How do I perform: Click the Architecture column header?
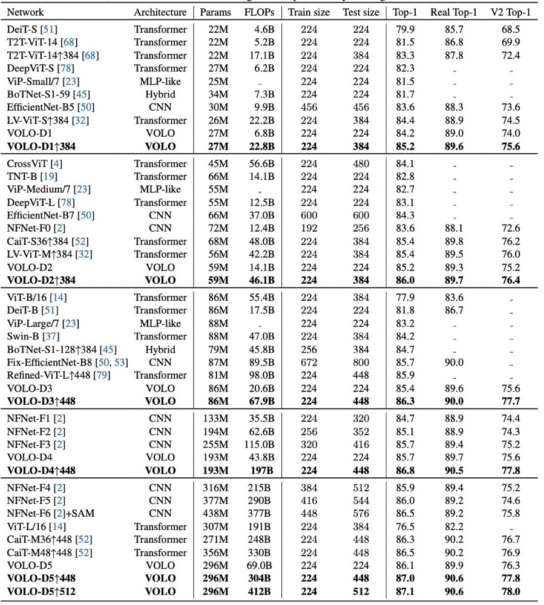click(160, 12)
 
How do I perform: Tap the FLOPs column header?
click(259, 12)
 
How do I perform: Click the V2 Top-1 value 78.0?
click(511, 592)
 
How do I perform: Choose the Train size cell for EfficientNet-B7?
click(309, 215)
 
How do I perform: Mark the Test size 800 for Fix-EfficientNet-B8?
click(361, 362)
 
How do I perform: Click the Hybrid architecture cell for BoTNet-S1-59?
click(160, 94)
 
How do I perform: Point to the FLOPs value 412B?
click(261, 592)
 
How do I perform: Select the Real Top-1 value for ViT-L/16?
click(453, 526)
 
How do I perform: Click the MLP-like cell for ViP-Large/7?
click(160, 323)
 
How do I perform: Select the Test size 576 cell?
click(361, 514)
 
